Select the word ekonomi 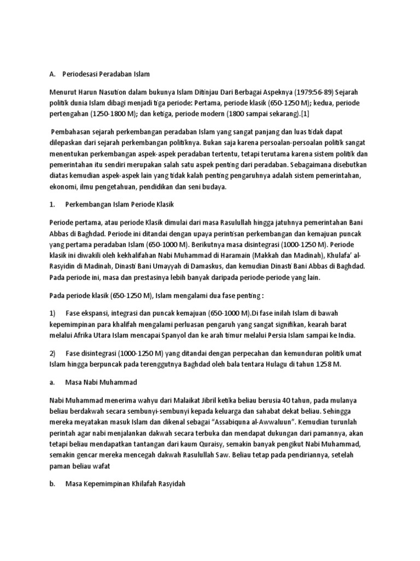click(61, 187)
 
